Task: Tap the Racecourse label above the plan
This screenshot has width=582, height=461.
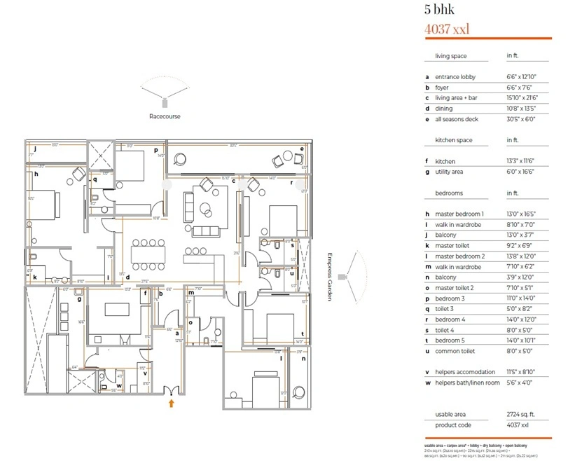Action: pyautogui.click(x=164, y=116)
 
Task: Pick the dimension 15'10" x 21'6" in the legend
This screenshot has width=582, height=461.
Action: pyautogui.click(x=522, y=98)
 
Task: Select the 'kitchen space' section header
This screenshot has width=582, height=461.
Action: pyautogui.click(x=454, y=140)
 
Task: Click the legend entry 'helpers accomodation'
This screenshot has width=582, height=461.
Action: pyautogui.click(x=463, y=372)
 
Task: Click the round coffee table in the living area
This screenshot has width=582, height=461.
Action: pyautogui.click(x=206, y=208)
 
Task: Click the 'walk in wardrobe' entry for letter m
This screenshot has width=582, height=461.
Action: pyautogui.click(x=459, y=266)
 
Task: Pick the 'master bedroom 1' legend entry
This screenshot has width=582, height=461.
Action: pyautogui.click(x=459, y=214)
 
